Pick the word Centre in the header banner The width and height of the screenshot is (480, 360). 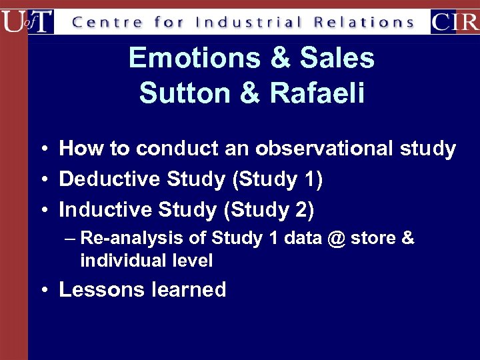(107, 22)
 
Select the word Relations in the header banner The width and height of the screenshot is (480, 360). (364, 22)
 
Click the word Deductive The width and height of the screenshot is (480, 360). (109, 179)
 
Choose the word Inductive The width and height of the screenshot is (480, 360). (105, 210)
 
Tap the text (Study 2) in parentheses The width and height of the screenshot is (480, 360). (269, 210)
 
